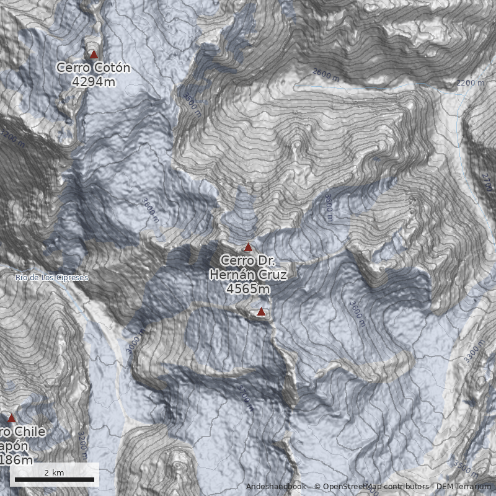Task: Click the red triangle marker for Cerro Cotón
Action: click(x=94, y=55)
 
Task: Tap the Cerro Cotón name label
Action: click(x=93, y=68)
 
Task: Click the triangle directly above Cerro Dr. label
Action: click(x=248, y=247)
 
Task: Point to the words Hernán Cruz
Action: click(x=248, y=275)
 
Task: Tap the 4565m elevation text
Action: click(x=248, y=288)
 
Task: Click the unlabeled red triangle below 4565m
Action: click(x=261, y=312)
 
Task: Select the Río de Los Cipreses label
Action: click(x=52, y=278)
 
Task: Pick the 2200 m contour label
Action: click(x=470, y=82)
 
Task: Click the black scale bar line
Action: click(x=55, y=480)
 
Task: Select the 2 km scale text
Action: click(x=55, y=472)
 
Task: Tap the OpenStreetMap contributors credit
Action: click(x=372, y=487)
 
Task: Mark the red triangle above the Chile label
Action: click(x=11, y=419)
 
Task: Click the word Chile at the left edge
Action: click(x=28, y=432)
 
